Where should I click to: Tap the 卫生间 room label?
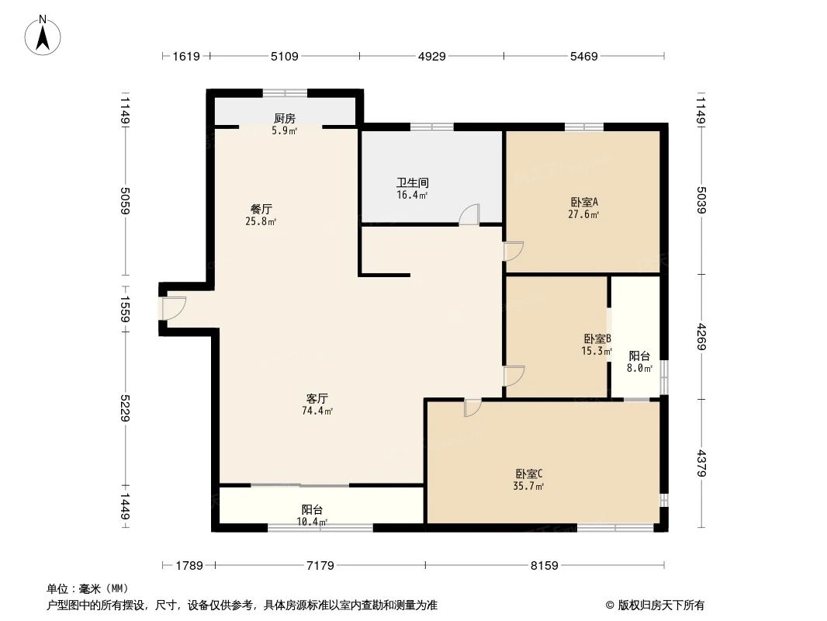point(412,183)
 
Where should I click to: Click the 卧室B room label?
point(597,339)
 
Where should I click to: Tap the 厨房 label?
point(285,119)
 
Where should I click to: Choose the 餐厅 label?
point(261,209)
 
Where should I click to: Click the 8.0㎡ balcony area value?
point(640,369)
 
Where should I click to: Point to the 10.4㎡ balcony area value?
point(313,522)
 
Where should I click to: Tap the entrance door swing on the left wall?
point(173,308)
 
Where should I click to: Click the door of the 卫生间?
point(469,215)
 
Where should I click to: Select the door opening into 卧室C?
point(472,408)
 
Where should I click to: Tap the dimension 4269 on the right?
point(701,337)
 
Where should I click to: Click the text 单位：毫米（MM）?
point(88,589)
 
